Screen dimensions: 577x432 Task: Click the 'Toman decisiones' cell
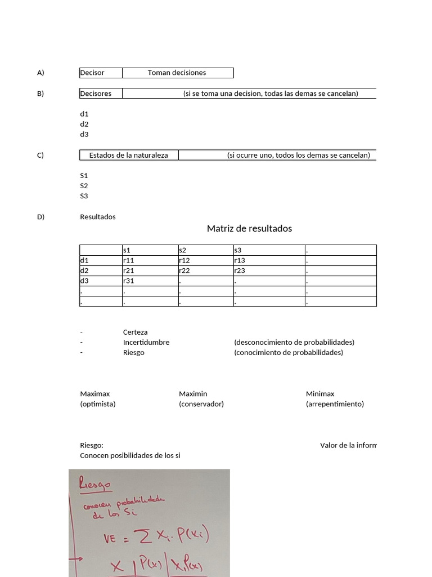point(177,73)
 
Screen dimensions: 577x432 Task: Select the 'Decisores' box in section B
point(101,94)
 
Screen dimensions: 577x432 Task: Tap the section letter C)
point(40,156)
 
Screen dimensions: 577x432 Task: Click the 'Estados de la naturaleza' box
point(129,156)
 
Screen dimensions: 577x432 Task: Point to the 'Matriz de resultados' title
point(249,228)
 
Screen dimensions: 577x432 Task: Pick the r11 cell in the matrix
point(150,260)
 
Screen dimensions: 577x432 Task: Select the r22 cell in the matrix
point(205,270)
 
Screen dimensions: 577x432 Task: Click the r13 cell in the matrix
point(269,260)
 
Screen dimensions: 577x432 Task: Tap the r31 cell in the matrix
point(150,281)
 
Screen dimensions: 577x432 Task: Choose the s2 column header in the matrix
point(205,250)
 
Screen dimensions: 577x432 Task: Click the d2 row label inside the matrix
point(101,270)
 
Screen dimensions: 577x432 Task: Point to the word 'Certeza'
point(135,332)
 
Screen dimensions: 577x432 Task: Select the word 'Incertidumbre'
point(146,343)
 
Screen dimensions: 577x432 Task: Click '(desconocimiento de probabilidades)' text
point(294,343)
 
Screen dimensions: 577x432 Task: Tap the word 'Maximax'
point(95,394)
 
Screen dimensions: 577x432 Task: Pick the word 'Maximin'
point(193,394)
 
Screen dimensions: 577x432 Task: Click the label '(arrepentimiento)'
point(335,404)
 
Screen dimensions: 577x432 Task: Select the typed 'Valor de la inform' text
point(348,445)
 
